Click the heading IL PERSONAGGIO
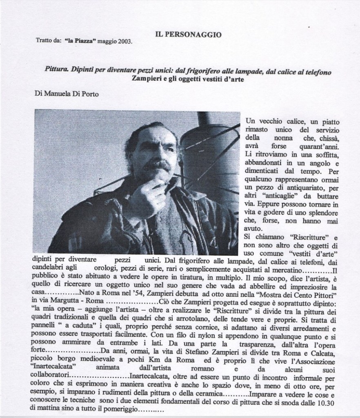[189, 35]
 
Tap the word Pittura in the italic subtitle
[57, 70]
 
